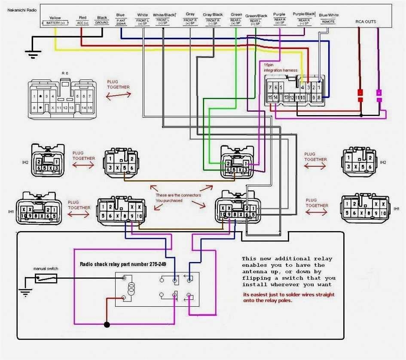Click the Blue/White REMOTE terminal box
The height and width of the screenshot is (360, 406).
click(x=328, y=21)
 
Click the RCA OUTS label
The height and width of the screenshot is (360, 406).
click(x=366, y=21)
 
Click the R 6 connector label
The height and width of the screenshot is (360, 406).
click(x=65, y=73)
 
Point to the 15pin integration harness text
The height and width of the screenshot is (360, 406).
click(x=280, y=67)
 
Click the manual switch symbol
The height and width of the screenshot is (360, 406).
click(x=45, y=278)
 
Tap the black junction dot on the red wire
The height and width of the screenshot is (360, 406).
click(x=107, y=324)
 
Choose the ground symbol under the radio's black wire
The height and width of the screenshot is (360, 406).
click(x=31, y=53)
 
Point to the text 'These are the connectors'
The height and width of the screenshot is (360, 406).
click(x=178, y=195)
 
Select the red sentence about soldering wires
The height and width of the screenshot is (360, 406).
click(x=288, y=298)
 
